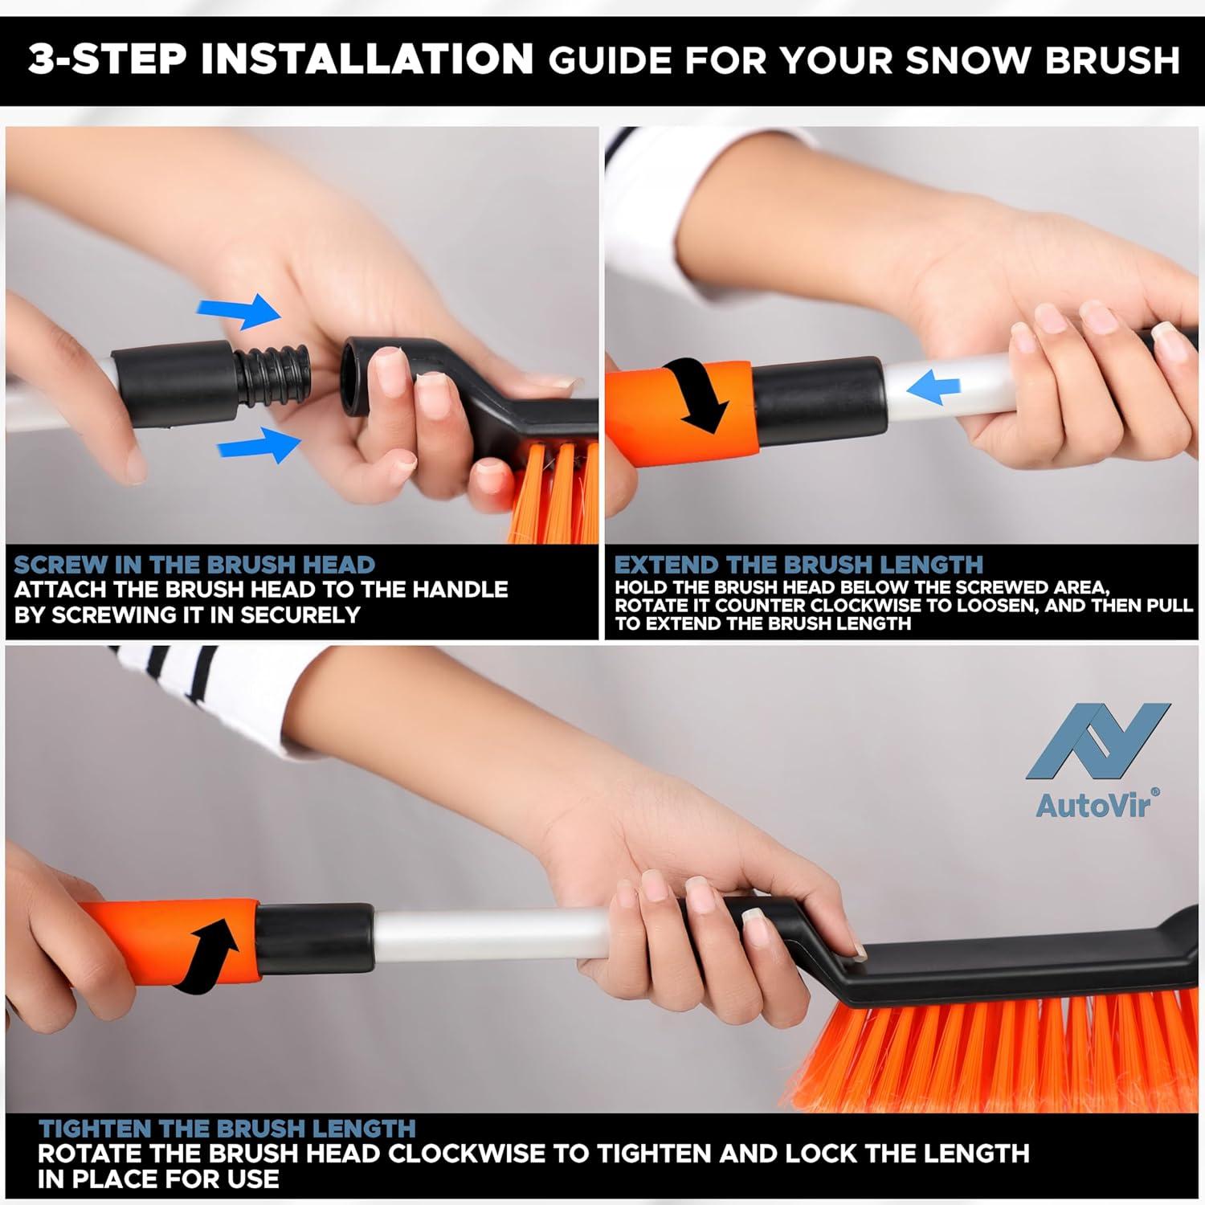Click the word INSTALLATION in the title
[x=368, y=59]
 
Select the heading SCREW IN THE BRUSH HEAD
[x=194, y=565]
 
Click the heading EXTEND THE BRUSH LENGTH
[x=799, y=565]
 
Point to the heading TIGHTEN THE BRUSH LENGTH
[x=227, y=1129]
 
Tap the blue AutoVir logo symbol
[x=1098, y=741]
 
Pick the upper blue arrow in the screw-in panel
[x=243, y=310]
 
